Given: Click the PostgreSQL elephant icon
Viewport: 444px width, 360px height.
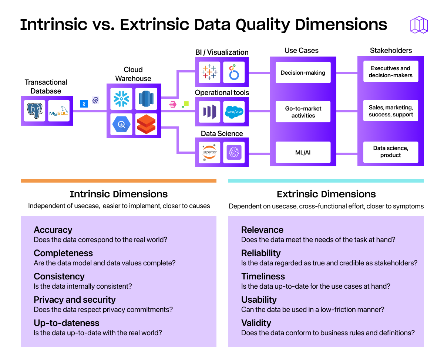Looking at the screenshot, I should click(x=34, y=111).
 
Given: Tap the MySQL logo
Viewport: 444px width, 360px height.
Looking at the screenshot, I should click(x=59, y=111).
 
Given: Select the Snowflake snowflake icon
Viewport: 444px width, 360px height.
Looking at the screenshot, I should click(x=121, y=99).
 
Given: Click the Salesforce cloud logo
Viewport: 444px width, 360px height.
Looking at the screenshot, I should click(x=234, y=112).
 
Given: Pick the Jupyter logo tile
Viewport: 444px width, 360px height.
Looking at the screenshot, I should click(x=209, y=152).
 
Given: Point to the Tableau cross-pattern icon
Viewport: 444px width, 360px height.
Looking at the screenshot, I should click(x=209, y=72).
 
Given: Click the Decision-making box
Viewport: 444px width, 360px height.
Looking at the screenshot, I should click(x=303, y=72).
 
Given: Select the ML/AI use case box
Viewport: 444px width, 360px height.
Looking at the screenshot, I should click(x=303, y=152).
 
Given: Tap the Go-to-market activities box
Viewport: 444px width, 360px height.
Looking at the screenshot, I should click(x=303, y=112).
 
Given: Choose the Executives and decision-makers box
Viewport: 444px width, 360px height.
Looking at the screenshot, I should click(x=390, y=72).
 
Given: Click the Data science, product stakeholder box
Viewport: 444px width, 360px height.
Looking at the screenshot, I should click(x=390, y=152).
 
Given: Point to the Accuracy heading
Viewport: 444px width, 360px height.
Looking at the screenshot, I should click(x=53, y=230).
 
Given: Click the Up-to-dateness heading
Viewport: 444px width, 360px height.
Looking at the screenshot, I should click(x=67, y=323).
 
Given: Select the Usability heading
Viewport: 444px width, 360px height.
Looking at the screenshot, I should click(x=259, y=300).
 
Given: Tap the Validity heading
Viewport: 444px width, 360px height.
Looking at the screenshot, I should click(x=256, y=323).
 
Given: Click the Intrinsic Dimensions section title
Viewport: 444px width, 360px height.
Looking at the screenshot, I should click(x=118, y=194).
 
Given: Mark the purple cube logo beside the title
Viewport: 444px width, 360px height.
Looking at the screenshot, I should click(x=419, y=25).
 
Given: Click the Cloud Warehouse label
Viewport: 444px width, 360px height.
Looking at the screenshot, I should click(x=133, y=74).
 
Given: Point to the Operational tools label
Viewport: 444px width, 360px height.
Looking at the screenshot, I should click(x=222, y=93).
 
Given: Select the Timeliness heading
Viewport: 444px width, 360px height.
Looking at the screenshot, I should click(x=263, y=276).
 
